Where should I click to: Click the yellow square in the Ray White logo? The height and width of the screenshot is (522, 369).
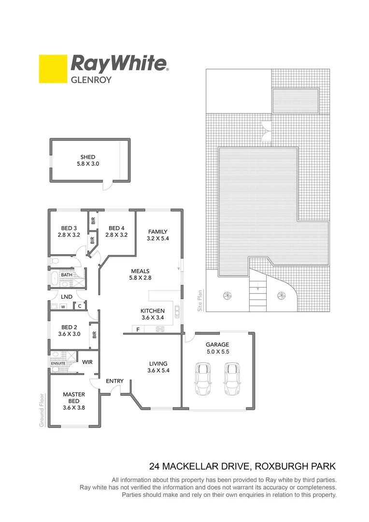tap(53, 69)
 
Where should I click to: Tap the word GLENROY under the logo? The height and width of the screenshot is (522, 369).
tap(91, 80)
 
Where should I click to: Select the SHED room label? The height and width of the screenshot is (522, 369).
tap(88, 157)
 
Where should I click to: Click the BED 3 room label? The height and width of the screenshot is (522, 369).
tap(69, 228)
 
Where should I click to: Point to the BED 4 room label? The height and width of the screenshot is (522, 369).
tap(116, 228)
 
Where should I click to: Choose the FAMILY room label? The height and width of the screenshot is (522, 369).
tap(158, 231)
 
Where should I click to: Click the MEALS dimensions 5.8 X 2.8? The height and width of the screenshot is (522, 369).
tap(141, 278)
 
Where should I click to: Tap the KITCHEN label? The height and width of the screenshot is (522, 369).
tap(153, 311)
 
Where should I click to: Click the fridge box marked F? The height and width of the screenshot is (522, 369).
tap(138, 330)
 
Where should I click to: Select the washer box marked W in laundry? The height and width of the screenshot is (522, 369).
tap(62, 306)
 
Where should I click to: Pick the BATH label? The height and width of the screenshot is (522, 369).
tap(67, 275)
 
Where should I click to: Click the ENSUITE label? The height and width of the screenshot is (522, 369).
tap(58, 363)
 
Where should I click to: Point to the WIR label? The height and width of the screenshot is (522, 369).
tap(87, 362)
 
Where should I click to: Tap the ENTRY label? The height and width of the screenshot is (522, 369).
tap(114, 381)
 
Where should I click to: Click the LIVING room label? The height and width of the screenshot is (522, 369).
tap(158, 363)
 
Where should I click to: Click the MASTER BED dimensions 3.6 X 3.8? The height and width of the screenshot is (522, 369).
tap(74, 407)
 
